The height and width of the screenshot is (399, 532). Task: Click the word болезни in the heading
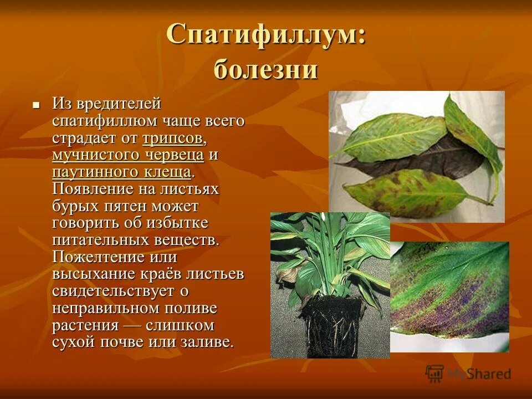(265, 70)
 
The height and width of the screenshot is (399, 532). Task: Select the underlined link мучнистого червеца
(128, 155)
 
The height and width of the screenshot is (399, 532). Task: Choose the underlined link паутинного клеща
(122, 172)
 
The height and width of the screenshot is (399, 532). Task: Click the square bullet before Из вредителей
(36, 104)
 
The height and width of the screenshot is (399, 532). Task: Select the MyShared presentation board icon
(434, 374)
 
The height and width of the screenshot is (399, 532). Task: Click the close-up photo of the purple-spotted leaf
(449, 296)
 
